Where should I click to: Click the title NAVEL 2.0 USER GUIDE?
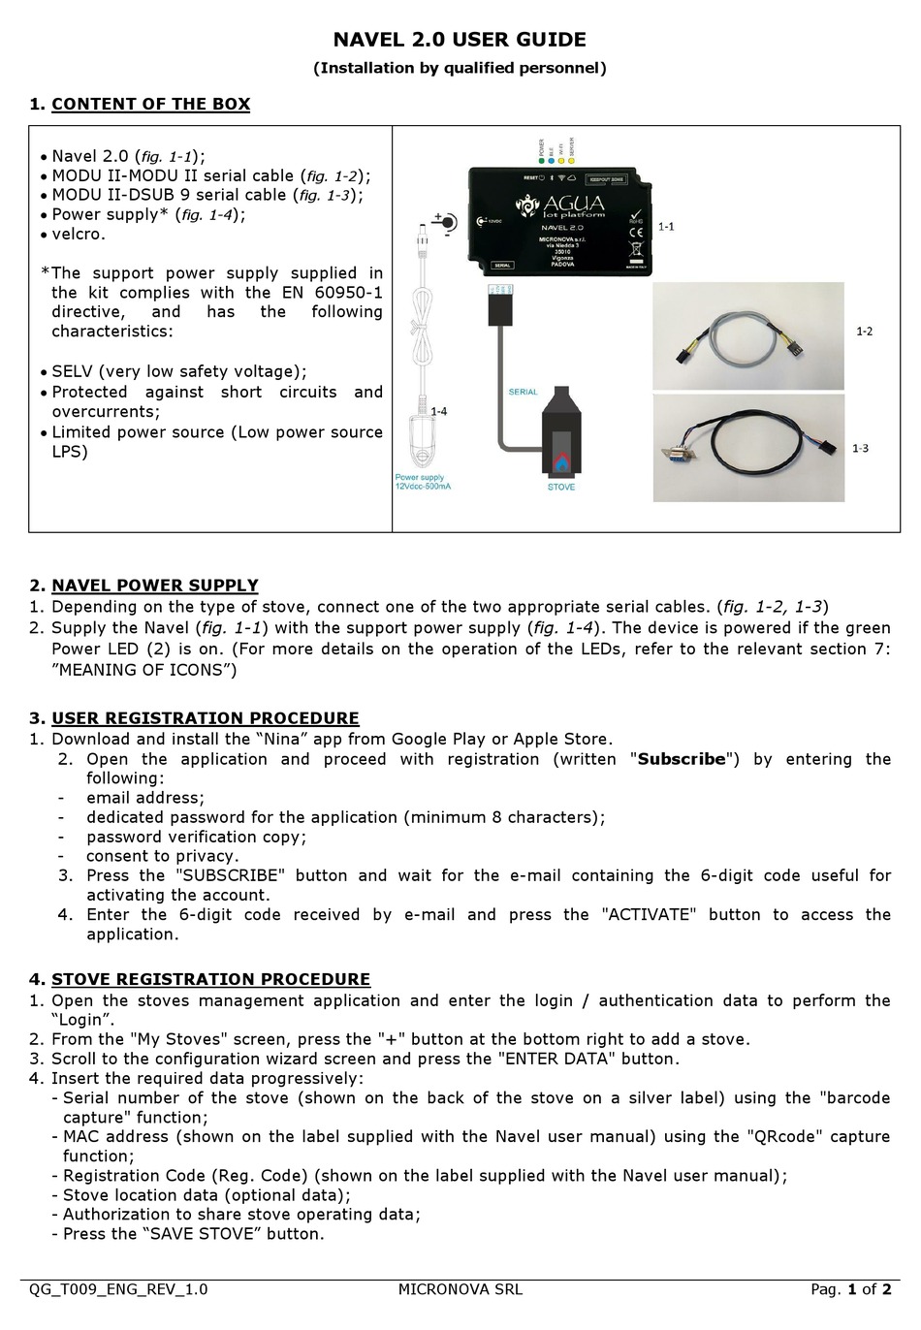point(460,40)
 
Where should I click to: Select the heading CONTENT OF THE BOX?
point(150,105)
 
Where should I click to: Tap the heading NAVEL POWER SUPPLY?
point(154,586)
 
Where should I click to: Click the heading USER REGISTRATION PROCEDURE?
point(205,718)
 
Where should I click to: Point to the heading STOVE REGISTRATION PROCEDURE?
point(210,979)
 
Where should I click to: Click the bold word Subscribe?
point(682,759)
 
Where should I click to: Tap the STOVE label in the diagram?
point(560,487)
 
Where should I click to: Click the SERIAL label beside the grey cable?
point(523,392)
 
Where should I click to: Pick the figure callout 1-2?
point(863,331)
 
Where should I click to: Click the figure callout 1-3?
point(860,448)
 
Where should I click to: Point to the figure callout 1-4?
point(438,411)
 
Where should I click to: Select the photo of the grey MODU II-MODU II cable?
point(747,336)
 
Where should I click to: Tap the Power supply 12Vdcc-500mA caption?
point(423,481)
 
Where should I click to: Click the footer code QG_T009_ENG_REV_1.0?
point(118,1289)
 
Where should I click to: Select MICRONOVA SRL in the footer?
point(460,1289)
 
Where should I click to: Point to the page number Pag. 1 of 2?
point(850,1289)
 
